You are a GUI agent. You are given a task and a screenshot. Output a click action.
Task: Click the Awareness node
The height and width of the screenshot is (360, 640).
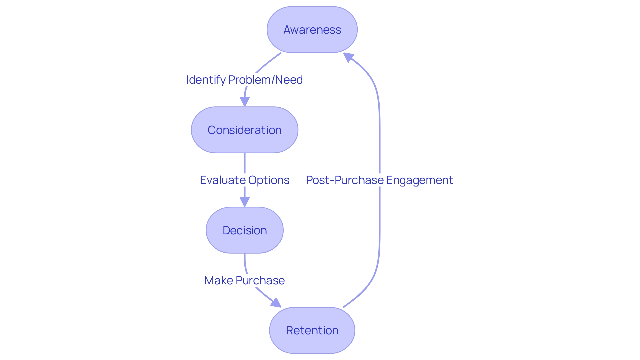(312, 30)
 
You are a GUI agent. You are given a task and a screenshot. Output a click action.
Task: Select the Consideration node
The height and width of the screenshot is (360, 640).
(244, 130)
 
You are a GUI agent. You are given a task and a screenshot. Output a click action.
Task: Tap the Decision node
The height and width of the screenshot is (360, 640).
(244, 230)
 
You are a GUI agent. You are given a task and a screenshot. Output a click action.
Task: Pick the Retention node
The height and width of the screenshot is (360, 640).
(312, 330)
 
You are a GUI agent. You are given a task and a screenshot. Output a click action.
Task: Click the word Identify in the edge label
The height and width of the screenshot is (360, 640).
(206, 80)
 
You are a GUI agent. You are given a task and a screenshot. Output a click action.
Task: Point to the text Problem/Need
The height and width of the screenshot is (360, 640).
(265, 80)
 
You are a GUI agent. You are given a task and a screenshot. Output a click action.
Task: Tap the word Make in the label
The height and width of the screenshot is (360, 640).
(219, 281)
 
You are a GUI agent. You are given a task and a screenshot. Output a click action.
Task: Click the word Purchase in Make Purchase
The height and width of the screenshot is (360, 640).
(260, 281)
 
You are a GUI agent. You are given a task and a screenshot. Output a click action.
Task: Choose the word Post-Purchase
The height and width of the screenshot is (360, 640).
(345, 180)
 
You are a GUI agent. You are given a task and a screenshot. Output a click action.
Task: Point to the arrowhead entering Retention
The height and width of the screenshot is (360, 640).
(276, 303)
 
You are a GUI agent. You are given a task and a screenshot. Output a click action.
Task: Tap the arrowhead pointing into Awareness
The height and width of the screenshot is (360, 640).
(348, 57)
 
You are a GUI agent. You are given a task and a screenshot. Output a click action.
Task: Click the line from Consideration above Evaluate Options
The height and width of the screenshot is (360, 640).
(245, 163)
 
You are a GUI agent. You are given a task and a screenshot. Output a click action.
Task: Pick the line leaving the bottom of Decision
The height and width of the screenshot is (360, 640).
(245, 262)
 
